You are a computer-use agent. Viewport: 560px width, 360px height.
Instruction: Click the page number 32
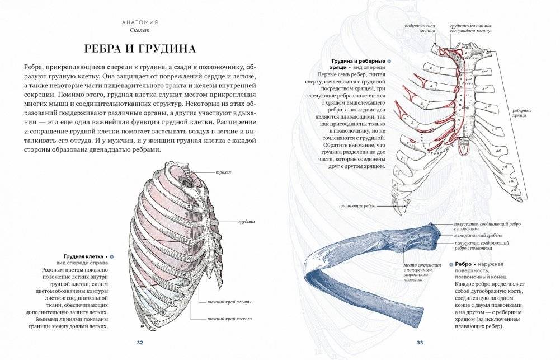[x=140, y=343]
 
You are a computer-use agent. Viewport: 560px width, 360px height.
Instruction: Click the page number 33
[x=420, y=343]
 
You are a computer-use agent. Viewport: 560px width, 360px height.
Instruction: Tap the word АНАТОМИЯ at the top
[x=140, y=22]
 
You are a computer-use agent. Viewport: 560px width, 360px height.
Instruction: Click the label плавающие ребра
[x=356, y=206]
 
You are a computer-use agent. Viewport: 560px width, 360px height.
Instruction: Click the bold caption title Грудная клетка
[x=83, y=255]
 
